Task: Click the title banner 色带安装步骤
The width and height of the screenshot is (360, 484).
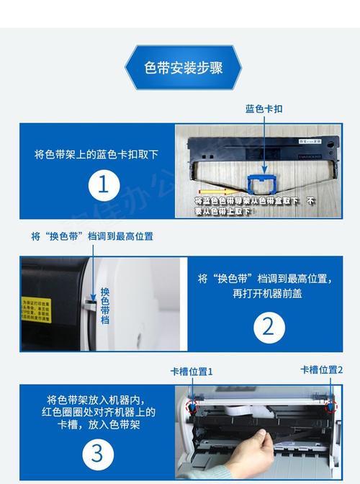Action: point(183,68)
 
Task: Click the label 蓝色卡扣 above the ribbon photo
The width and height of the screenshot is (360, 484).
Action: point(264,109)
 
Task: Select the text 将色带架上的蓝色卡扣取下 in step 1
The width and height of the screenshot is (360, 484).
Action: point(96,154)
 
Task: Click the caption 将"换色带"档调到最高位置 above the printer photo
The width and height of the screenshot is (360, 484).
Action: point(91,236)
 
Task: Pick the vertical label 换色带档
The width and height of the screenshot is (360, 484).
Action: point(105,305)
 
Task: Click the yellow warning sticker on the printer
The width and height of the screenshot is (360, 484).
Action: point(35,312)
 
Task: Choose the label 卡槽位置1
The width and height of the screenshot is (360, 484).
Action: point(192,372)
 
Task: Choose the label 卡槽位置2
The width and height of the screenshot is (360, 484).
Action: point(321,370)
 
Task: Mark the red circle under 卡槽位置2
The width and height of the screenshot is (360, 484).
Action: point(330,405)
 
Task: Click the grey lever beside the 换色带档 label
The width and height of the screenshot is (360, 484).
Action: point(91,296)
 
